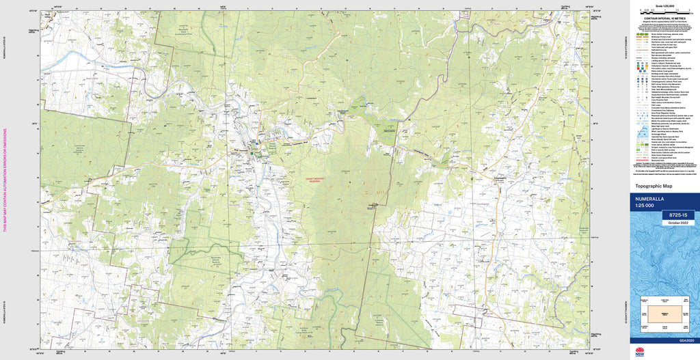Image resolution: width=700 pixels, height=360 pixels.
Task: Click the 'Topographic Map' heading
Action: pos(654,186)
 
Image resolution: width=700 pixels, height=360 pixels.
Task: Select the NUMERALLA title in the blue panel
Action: pos(650,199)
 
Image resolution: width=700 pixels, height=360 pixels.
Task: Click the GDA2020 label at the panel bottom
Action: pos(686,341)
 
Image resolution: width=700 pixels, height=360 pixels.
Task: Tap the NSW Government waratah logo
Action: pos(640,352)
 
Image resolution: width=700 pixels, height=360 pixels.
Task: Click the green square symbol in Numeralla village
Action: pos(252,153)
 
